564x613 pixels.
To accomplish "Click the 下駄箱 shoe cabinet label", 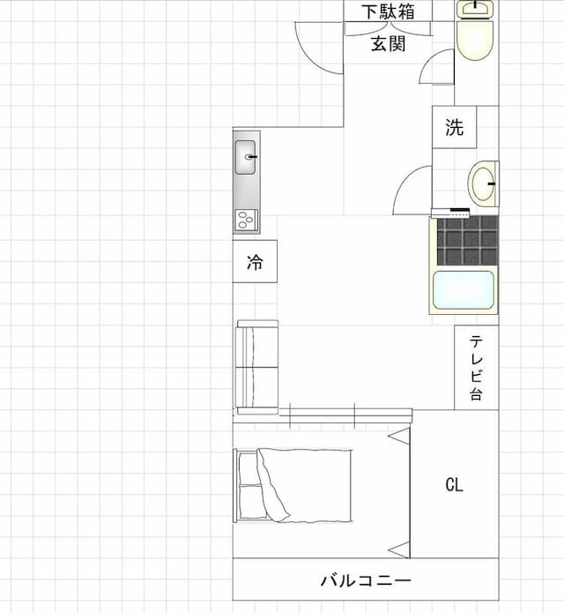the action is [x=388, y=11].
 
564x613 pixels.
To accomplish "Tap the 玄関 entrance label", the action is [x=388, y=43].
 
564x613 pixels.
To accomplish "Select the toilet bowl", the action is [x=475, y=40].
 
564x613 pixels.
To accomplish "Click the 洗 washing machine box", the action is [x=454, y=127].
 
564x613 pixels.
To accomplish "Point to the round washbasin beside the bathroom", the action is [x=483, y=183].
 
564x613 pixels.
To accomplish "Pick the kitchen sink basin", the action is [x=245, y=157].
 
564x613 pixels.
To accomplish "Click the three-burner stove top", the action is [x=247, y=221].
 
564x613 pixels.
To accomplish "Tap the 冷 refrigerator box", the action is [x=255, y=261].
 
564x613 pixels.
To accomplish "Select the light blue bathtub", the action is [x=464, y=290].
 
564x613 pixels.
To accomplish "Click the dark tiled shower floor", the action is [x=468, y=240].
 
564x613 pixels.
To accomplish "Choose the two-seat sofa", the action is [x=257, y=368].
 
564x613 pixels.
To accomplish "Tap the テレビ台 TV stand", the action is [x=477, y=368].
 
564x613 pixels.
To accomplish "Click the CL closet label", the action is [x=454, y=485].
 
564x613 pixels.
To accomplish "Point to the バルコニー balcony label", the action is [x=366, y=580].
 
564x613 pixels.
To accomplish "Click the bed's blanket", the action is [x=305, y=485].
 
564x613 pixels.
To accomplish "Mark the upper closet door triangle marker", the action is [x=399, y=436].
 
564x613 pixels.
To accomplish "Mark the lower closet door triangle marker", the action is [x=399, y=550].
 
